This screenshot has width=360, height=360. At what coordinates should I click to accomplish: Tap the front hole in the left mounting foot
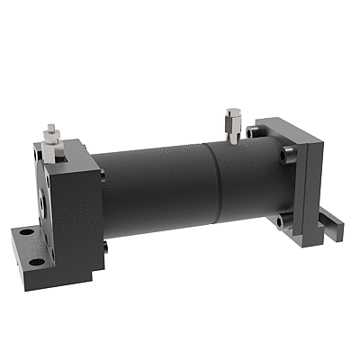coord(37,263)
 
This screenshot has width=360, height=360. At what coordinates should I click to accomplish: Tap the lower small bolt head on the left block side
coord(106,248)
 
